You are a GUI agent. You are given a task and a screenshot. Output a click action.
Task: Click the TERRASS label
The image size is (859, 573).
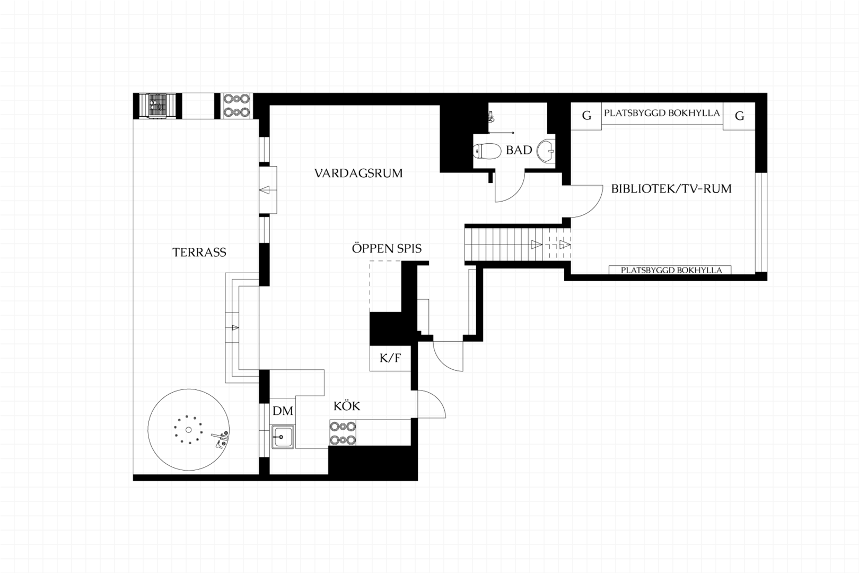pos(199,253)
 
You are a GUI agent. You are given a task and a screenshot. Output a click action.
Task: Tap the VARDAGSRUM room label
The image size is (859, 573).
pos(358,173)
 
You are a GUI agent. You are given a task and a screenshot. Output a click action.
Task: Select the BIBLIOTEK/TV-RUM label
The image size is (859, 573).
pos(671,189)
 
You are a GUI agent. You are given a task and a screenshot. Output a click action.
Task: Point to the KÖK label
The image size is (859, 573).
pos(347,406)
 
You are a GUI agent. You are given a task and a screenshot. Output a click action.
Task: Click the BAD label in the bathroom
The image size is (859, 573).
pos(519,150)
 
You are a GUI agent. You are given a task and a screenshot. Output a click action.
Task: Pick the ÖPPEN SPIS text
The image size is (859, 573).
pos(387,248)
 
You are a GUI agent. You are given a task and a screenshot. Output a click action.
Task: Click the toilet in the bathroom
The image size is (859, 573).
pos(487,151)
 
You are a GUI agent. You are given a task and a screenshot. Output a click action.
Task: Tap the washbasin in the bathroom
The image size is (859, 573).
pos(546,151)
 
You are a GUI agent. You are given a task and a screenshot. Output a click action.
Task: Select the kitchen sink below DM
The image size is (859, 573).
pos(283,437)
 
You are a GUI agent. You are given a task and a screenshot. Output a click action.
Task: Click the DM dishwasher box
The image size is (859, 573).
pos(283,411)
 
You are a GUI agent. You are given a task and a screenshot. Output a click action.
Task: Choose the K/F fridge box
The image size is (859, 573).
pos(390,358)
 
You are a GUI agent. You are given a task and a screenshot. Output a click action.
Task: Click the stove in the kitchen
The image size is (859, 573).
pos(343,432)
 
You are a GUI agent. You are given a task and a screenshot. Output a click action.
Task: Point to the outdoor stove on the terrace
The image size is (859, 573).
pos(236,106)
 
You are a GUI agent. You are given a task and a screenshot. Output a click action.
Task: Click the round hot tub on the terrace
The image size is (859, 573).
pos(189,429)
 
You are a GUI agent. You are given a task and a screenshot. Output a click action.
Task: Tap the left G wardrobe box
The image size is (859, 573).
pos(586,116)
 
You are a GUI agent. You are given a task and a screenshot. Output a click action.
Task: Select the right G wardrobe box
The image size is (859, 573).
pos(739,116)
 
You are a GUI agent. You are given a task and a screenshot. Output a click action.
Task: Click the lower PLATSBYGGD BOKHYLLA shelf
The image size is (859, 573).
pos(670,270)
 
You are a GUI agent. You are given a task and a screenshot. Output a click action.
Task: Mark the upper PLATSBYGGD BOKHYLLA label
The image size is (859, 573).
pos(662,113)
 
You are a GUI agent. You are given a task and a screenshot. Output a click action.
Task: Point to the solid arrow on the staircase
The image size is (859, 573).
pos(537,245)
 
